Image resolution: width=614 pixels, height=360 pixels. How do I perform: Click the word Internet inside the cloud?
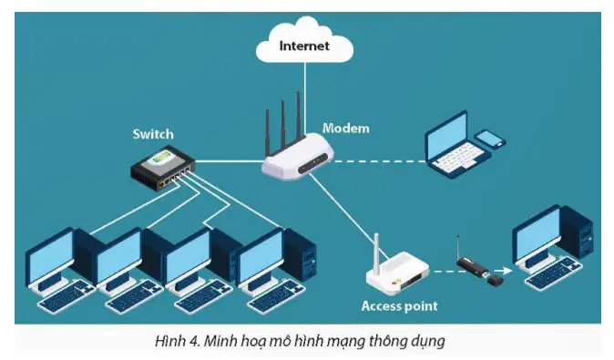[x=304, y=46]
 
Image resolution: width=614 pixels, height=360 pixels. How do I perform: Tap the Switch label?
[x=153, y=134]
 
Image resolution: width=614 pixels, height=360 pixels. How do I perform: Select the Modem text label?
[x=346, y=129]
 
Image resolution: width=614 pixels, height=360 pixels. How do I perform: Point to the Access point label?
[x=399, y=306]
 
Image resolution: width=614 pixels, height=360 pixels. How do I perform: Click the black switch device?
[x=162, y=169]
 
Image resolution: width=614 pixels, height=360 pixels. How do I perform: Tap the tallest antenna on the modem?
[x=299, y=114]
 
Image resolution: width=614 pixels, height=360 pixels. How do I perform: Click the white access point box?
[x=398, y=274]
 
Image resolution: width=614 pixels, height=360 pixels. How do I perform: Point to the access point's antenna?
[x=376, y=252]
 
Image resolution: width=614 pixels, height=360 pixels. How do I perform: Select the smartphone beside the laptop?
[x=490, y=139]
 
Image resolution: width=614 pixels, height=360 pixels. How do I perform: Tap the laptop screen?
[x=446, y=133]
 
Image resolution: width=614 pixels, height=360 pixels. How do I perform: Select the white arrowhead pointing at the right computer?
[x=507, y=271]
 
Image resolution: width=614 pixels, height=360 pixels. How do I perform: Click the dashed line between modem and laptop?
[x=379, y=161]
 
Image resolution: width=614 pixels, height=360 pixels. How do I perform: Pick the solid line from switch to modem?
[x=229, y=161]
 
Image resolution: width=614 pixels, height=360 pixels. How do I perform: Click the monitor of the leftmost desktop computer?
[x=50, y=257]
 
